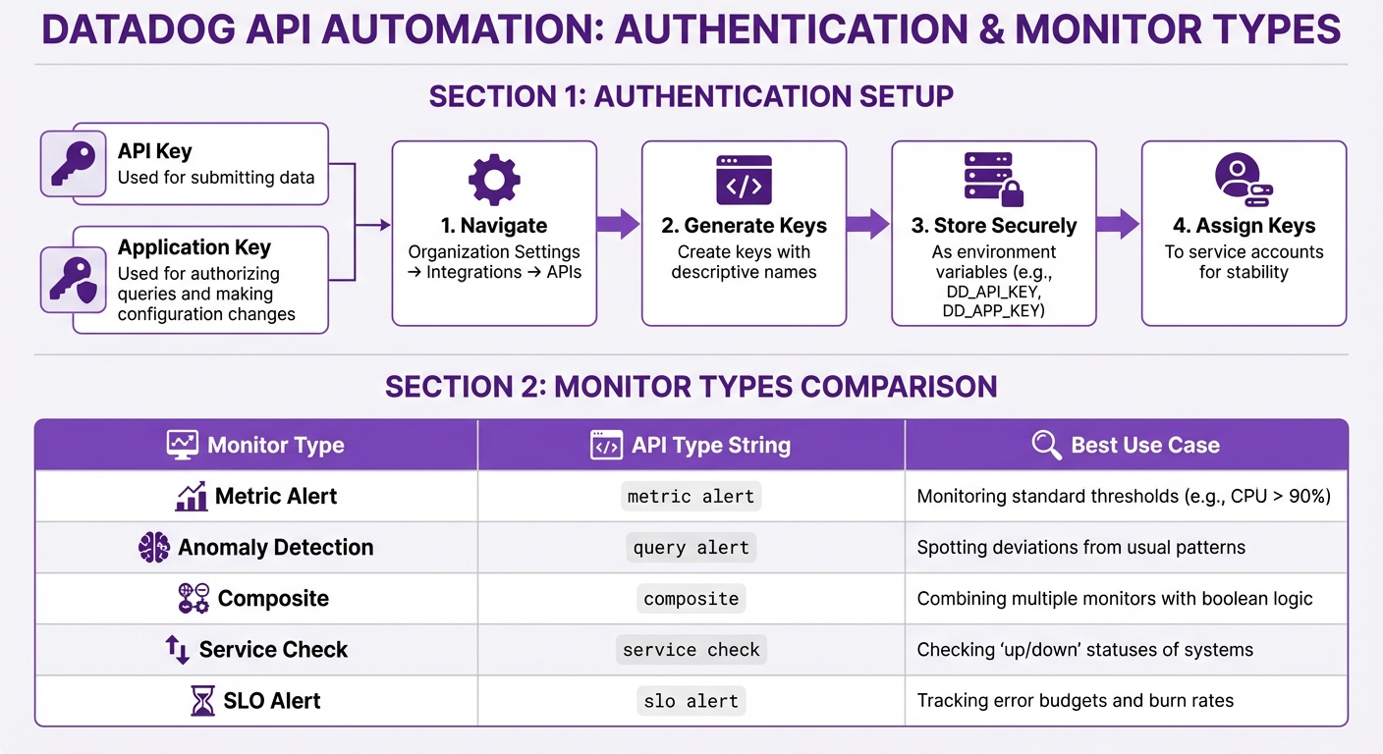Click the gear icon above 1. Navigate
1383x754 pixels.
pos(494,180)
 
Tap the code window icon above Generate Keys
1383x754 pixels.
pos(744,180)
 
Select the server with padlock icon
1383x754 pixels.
pos(993,180)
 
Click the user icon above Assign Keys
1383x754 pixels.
pos(1243,179)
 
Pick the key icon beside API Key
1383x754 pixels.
pos(74,164)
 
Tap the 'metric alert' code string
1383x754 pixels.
pos(691,497)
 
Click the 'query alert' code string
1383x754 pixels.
pos(691,548)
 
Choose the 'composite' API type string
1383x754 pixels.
pos(691,599)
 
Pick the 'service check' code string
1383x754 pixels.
pos(691,650)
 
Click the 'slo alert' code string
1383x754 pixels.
pos(691,701)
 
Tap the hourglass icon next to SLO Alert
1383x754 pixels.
pos(202,701)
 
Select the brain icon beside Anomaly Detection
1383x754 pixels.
pos(154,548)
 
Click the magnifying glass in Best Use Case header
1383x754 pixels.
pos(1047,445)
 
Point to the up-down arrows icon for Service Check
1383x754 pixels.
pos(177,650)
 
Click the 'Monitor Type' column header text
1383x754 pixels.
pos(275,445)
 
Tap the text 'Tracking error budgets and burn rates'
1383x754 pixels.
pos(1075,701)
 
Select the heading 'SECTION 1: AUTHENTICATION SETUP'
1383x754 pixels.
pos(691,96)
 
